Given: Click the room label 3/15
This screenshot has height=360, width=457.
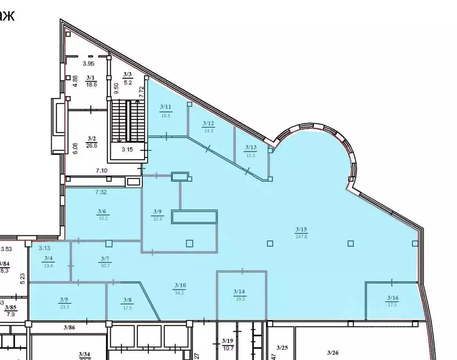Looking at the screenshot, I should (x=301, y=229).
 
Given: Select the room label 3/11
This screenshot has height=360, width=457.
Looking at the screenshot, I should (x=165, y=107).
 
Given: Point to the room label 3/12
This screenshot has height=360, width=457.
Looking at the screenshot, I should (x=208, y=123).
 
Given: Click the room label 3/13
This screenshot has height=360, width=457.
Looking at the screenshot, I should (x=251, y=147).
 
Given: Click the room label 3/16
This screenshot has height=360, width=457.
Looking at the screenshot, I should (x=392, y=297).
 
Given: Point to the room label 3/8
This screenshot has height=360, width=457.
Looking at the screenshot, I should (x=127, y=300).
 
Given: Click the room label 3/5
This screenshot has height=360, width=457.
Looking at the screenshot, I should (x=64, y=300).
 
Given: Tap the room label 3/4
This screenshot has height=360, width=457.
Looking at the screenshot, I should (x=48, y=258).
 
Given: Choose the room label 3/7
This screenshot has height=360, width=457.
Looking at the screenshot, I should (x=105, y=258).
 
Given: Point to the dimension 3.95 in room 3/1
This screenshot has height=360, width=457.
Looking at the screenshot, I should (x=89, y=64).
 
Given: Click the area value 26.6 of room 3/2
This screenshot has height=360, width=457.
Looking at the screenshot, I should (x=91, y=145).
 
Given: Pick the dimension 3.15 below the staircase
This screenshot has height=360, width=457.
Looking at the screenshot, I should (x=128, y=150).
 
